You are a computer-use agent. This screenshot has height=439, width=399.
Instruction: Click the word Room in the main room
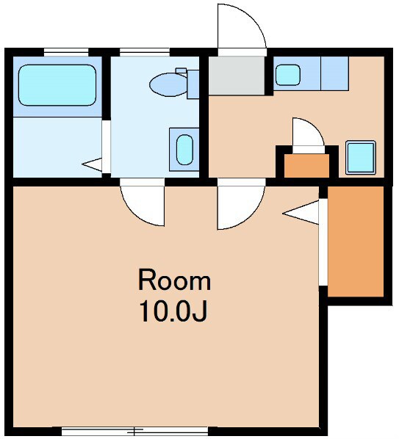click(x=174, y=280)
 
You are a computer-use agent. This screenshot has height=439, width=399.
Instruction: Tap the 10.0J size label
click(x=173, y=311)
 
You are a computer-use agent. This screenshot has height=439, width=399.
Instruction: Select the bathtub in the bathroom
click(x=57, y=85)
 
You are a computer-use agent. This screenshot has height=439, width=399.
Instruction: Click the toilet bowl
click(x=168, y=84)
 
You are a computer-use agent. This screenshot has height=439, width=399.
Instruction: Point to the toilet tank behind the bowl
click(x=193, y=84)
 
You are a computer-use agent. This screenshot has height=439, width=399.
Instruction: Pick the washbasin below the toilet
click(x=184, y=150)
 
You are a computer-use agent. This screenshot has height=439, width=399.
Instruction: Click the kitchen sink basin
click(x=288, y=75)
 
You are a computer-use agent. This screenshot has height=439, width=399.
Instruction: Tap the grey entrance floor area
click(x=237, y=76)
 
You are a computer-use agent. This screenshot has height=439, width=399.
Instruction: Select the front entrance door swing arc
click(x=252, y=19)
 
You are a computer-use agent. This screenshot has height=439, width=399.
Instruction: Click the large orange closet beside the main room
click(x=356, y=241)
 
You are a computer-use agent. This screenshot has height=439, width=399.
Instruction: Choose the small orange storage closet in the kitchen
click(x=307, y=165)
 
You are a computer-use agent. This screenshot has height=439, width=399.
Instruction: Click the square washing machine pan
click(x=361, y=157)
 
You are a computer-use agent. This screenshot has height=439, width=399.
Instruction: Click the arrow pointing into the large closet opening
click(x=301, y=212)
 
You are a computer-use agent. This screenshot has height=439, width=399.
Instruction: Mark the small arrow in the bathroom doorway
click(x=92, y=164)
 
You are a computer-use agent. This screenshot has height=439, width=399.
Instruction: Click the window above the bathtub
click(x=66, y=52)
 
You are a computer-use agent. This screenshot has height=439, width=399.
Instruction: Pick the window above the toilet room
click(x=145, y=52)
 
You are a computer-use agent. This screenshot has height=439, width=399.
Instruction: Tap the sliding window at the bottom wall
click(x=134, y=431)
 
